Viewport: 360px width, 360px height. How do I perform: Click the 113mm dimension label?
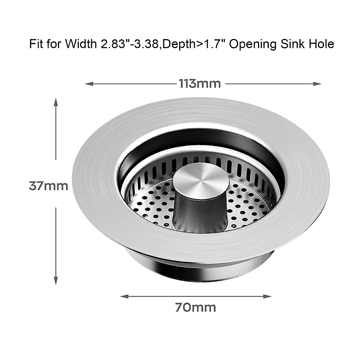200,84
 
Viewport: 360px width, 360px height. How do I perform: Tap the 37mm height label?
48,186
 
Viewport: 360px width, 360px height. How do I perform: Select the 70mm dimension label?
195,307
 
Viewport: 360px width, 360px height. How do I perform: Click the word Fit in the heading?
35,44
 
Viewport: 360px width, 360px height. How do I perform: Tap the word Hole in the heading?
322,44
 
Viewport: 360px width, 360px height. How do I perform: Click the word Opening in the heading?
254,44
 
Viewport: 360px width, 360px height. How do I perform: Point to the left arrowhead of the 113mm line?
88,84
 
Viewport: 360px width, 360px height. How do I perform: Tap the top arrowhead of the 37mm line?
55,101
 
